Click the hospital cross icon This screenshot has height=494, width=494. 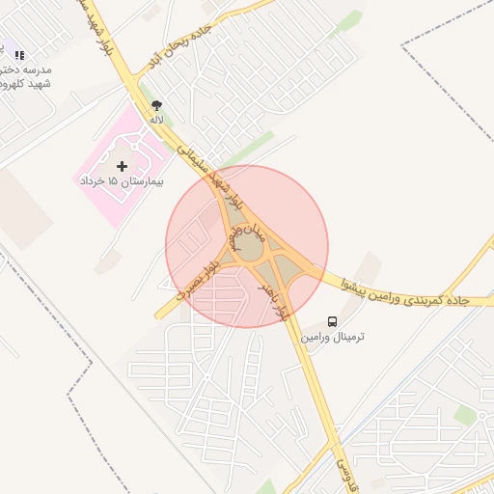coord(122,166)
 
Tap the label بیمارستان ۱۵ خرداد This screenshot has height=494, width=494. coord(121,181)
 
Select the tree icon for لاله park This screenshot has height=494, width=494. coord(156,105)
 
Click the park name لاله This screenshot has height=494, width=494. coord(156,119)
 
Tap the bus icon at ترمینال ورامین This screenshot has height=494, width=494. coord(333,321)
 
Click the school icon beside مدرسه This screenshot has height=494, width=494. coord(19,56)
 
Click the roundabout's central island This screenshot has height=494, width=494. coord(250,248)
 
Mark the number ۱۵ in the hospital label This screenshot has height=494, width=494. coord(112,181)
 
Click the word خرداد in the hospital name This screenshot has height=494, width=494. coord(90,181)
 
